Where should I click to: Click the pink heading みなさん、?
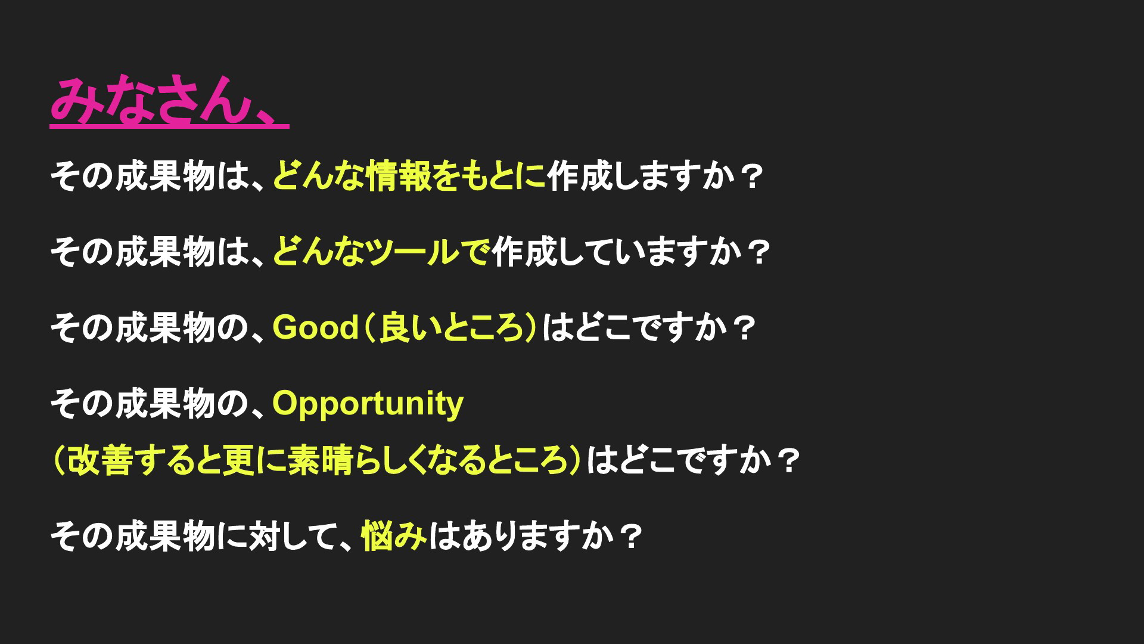(x=169, y=101)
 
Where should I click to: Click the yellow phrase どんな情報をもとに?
(x=409, y=177)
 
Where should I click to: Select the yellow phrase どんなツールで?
(x=381, y=252)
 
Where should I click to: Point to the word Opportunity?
(x=368, y=404)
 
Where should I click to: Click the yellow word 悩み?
(x=394, y=536)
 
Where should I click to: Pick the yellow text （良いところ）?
(x=450, y=327)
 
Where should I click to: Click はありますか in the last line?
(x=520, y=536)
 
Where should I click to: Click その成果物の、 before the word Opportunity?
(x=160, y=403)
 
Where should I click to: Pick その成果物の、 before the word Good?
(x=160, y=327)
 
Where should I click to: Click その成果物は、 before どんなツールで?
(x=160, y=252)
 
